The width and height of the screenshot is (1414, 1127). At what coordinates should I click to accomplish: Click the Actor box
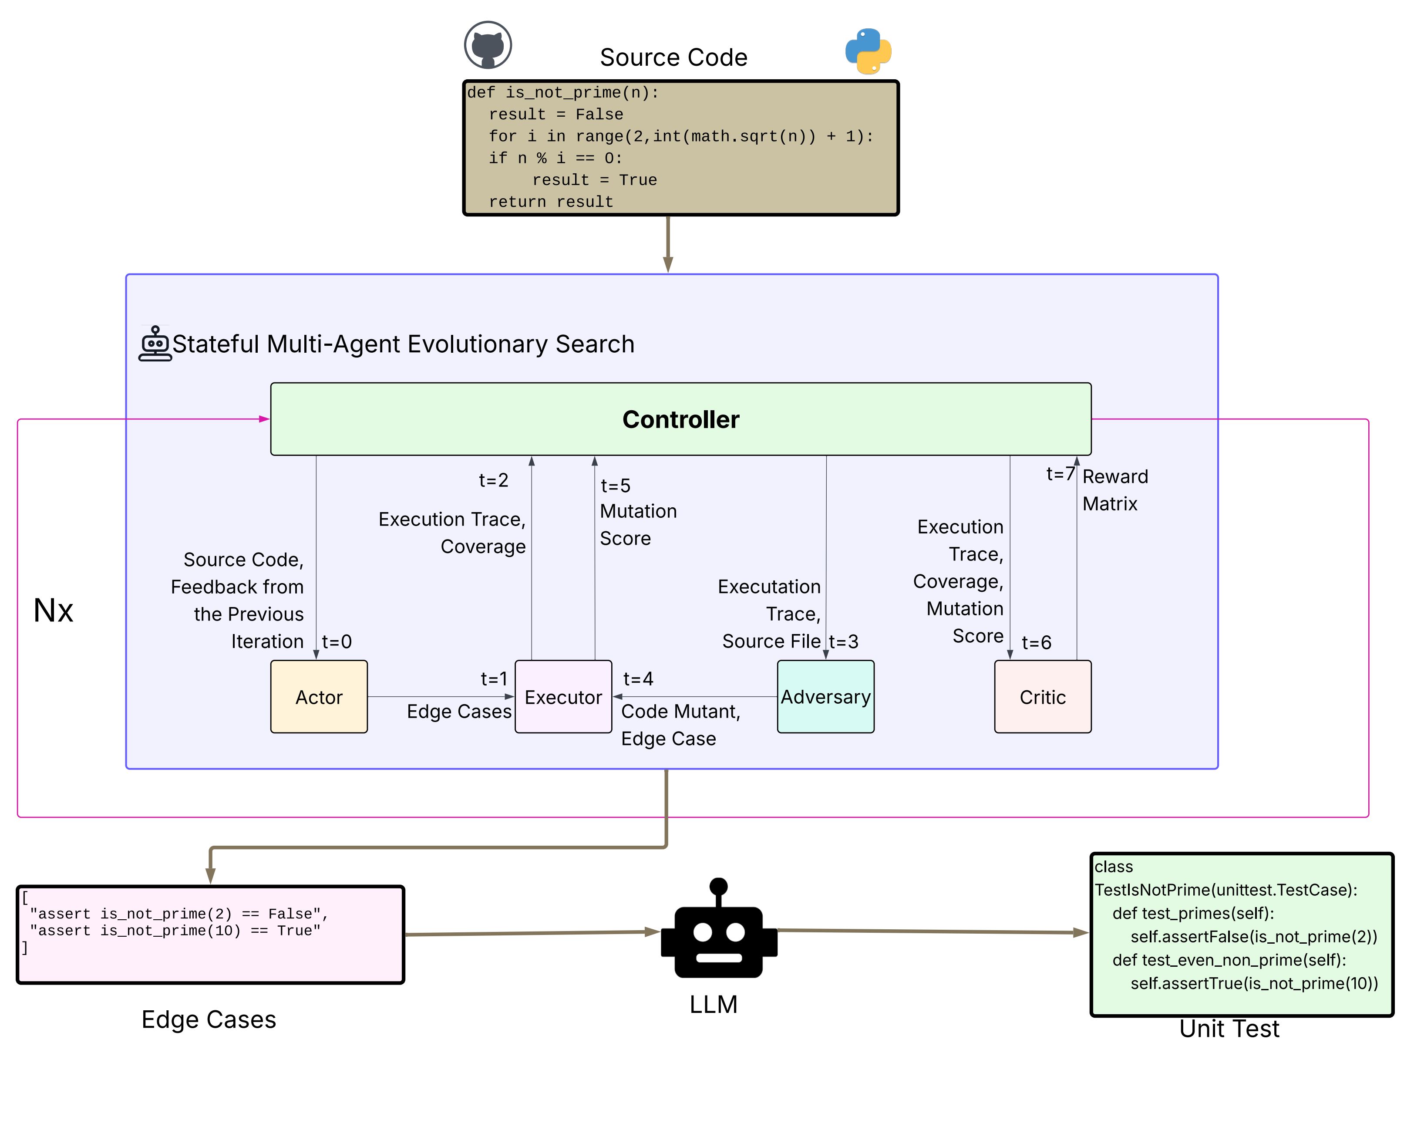pyautogui.click(x=319, y=697)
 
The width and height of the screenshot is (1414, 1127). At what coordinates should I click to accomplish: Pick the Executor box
pyautogui.click(x=563, y=697)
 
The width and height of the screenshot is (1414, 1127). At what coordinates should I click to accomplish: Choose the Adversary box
pyautogui.click(x=825, y=697)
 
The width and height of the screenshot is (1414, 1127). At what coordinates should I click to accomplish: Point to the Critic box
pyautogui.click(x=1042, y=697)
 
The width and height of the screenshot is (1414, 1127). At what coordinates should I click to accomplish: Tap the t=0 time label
pyautogui.click(x=337, y=641)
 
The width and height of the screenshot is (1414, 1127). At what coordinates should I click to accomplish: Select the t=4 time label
pyautogui.click(x=637, y=679)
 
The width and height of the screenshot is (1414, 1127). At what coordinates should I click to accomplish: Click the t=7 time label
pyautogui.click(x=1059, y=474)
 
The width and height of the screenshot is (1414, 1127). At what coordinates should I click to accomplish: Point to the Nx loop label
pyautogui.click(x=53, y=611)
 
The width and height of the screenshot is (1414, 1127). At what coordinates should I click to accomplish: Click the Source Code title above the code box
pyautogui.click(x=673, y=58)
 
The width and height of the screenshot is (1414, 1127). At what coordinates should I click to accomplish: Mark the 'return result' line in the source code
pyautogui.click(x=550, y=202)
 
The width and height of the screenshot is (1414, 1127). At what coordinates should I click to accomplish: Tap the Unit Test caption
pyautogui.click(x=1229, y=1029)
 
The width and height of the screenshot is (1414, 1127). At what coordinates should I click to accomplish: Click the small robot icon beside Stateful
pyautogui.click(x=155, y=344)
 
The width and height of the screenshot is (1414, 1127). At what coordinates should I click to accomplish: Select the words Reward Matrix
pyautogui.click(x=1114, y=490)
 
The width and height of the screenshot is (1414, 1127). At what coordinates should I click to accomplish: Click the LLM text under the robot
pyautogui.click(x=713, y=1004)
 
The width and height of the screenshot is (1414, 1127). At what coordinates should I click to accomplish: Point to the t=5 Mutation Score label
pyautogui.click(x=637, y=512)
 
